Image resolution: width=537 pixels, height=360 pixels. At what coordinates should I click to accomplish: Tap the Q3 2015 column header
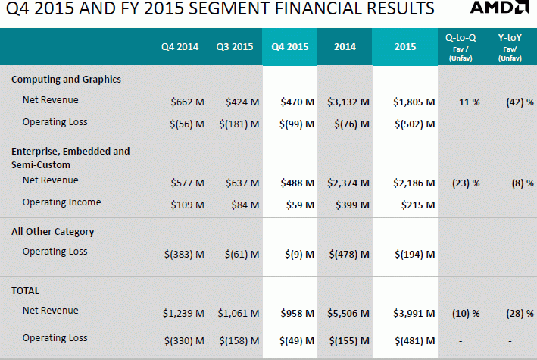click(235, 47)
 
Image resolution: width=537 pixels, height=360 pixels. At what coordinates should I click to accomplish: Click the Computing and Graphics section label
click(66, 80)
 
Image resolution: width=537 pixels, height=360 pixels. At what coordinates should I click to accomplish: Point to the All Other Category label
click(53, 232)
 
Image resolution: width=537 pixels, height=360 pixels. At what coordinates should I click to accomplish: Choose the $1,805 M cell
click(414, 101)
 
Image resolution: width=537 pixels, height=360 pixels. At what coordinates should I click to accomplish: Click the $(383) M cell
click(183, 254)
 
